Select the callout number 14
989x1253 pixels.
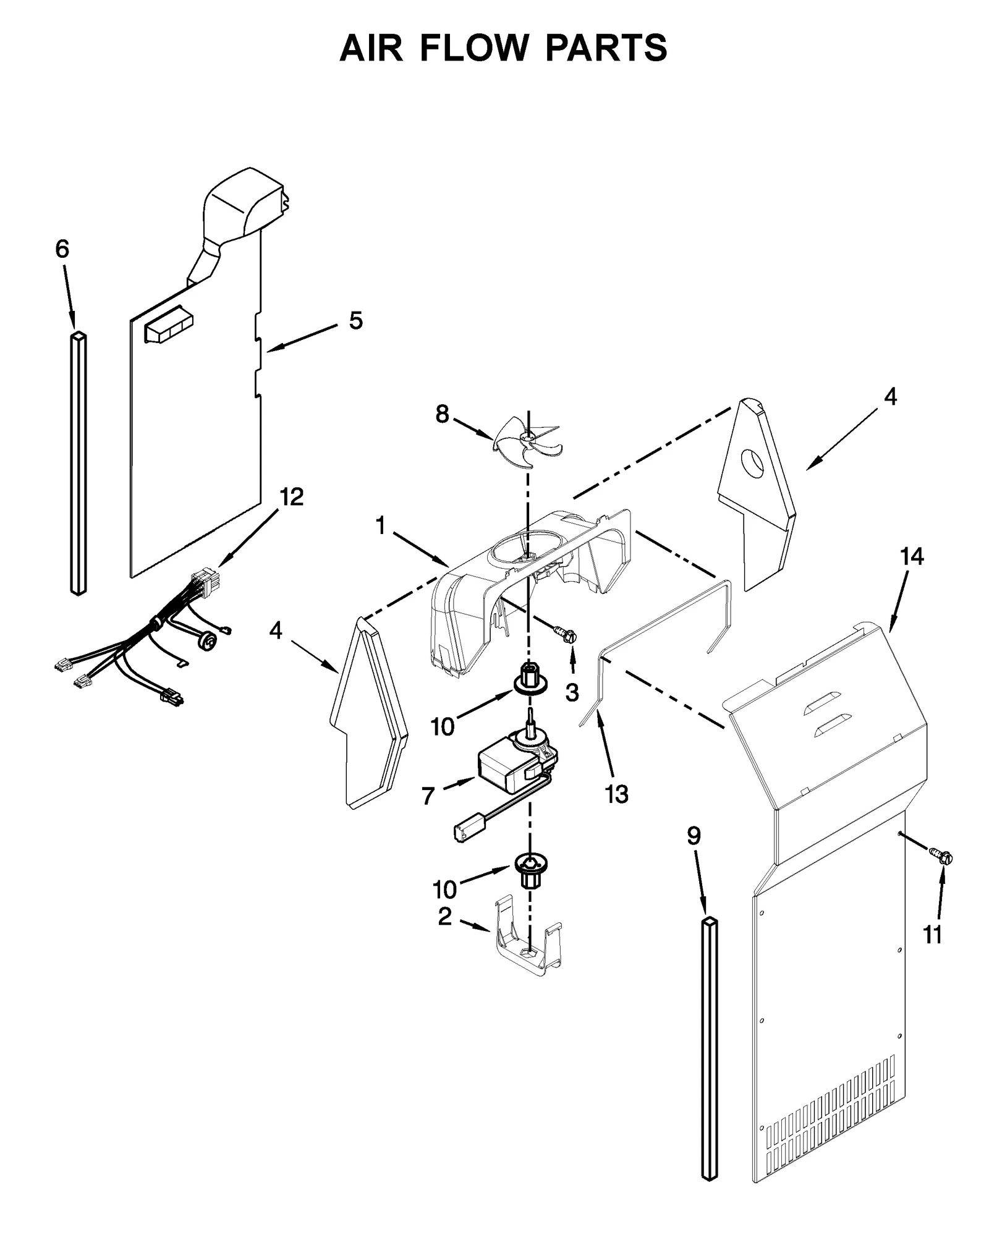910,556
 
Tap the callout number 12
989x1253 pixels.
292,496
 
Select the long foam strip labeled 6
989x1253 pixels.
78,464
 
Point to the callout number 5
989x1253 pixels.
355,321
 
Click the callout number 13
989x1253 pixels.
616,794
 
